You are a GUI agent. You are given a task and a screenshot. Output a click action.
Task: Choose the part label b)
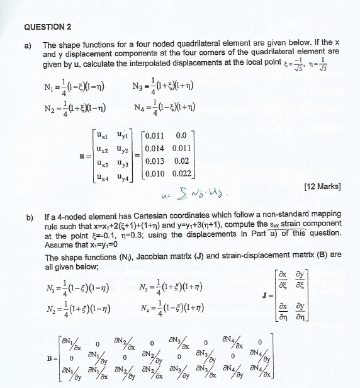tap(28, 218)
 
